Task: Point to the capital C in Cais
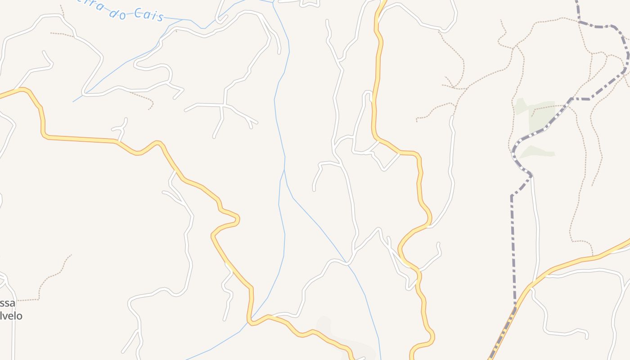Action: pyautogui.click(x=139, y=14)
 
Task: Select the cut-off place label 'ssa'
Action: pyautogui.click(x=7, y=303)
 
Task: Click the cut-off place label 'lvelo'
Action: pyautogui.click(x=11, y=316)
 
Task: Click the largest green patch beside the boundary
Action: pyautogui.click(x=542, y=115)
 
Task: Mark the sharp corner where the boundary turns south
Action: pyautogui.click(x=512, y=196)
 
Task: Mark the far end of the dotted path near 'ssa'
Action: pyautogui.click(x=71, y=255)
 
